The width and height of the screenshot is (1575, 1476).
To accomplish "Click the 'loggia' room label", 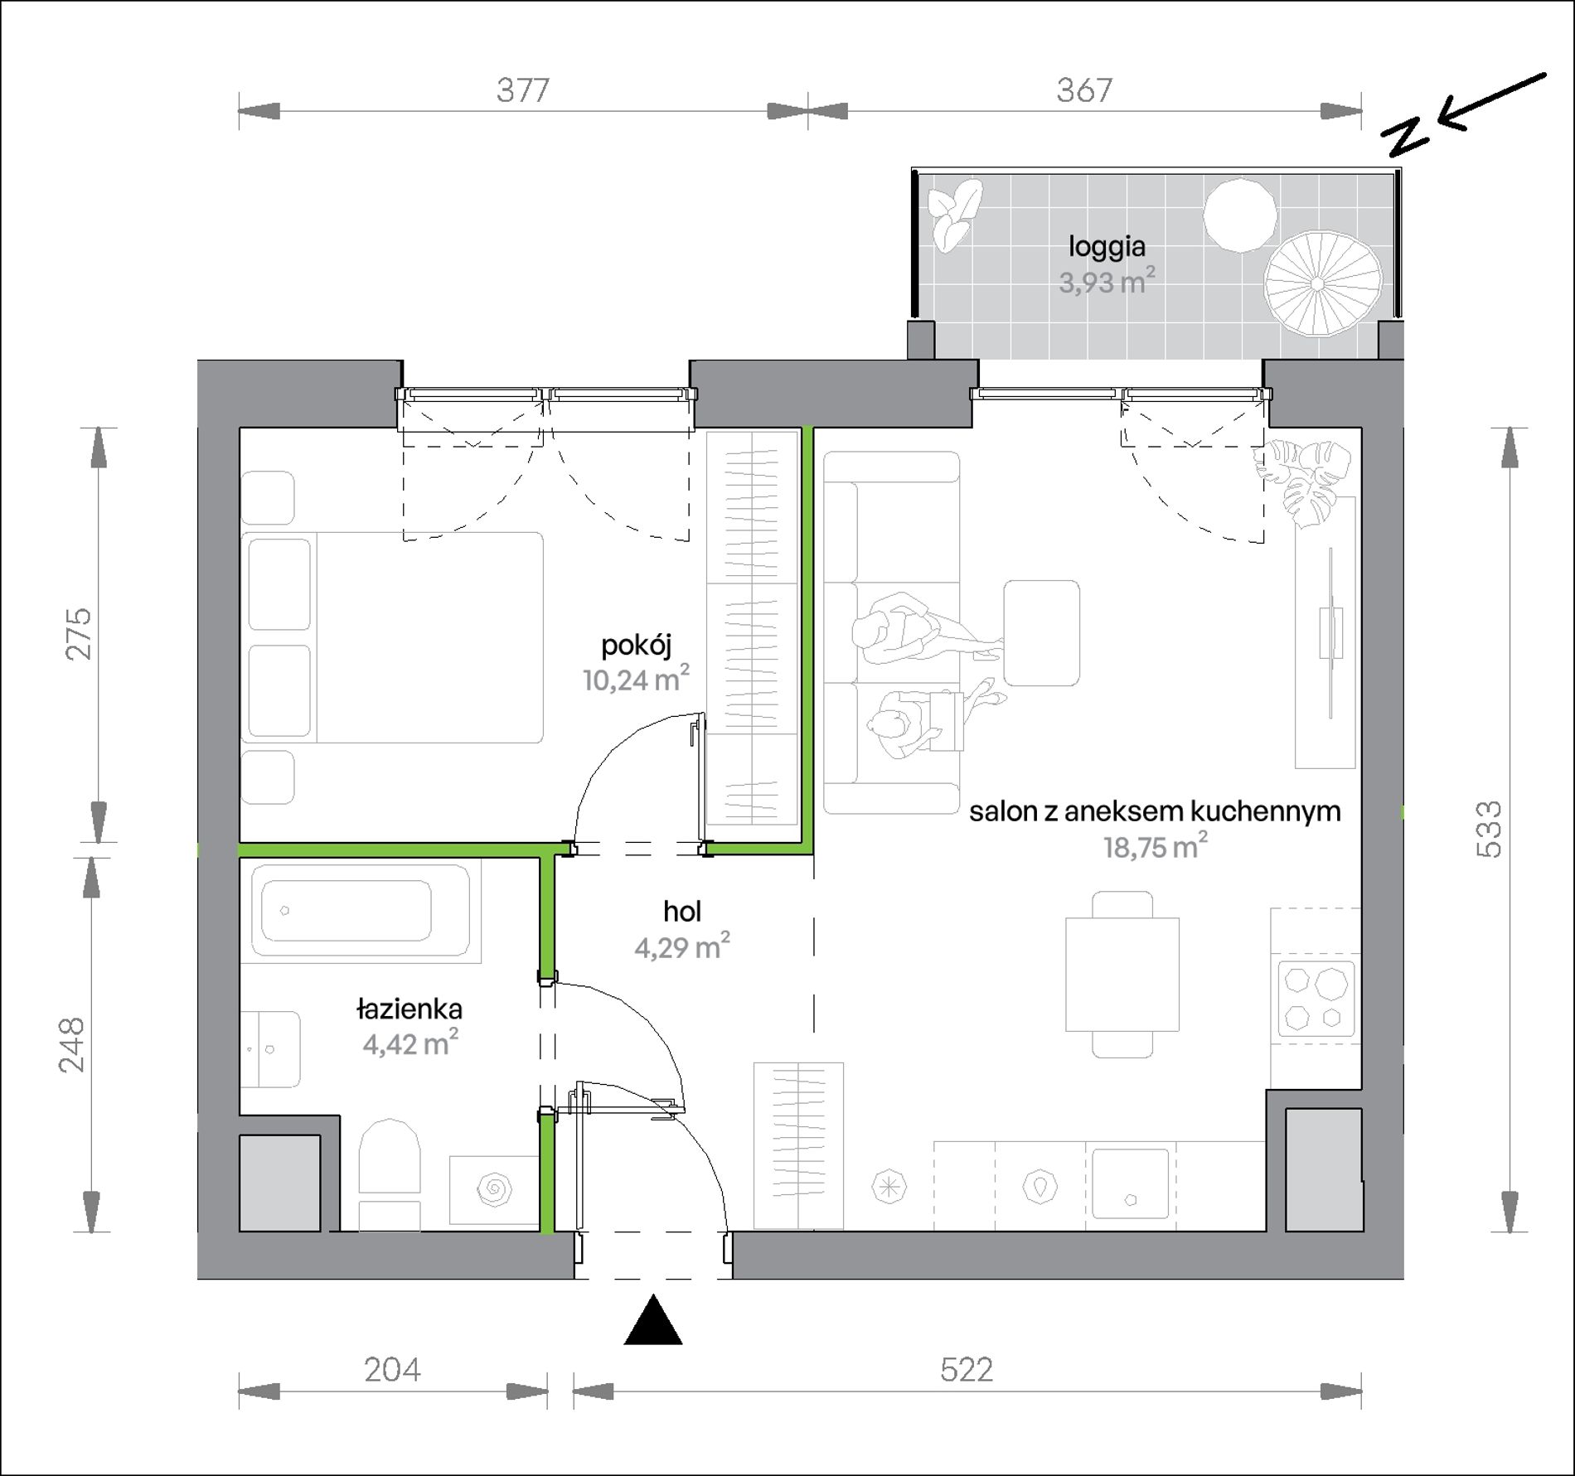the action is (1107, 246).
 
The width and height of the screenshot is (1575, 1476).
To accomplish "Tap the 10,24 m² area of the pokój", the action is (636, 680).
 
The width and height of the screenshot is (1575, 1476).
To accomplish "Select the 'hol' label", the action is (682, 912).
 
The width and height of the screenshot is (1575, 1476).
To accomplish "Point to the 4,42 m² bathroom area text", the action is (410, 1043).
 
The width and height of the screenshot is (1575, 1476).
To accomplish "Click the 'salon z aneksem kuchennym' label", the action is (1155, 811).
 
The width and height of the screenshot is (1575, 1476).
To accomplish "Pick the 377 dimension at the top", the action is (523, 90).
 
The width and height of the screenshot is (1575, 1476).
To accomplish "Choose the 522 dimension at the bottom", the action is (967, 1369).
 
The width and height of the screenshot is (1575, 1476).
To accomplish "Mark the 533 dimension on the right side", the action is (1489, 828).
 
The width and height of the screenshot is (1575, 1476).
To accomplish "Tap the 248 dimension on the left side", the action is (72, 1044).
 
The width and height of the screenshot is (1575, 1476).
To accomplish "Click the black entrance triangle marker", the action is (653, 1322).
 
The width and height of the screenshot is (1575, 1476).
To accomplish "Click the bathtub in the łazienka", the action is (361, 911).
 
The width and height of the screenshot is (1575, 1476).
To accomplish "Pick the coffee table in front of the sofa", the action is (1042, 632).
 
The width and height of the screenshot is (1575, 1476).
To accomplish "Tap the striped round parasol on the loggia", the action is (1323, 283).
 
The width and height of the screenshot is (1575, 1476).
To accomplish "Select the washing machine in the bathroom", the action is (493, 1190).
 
